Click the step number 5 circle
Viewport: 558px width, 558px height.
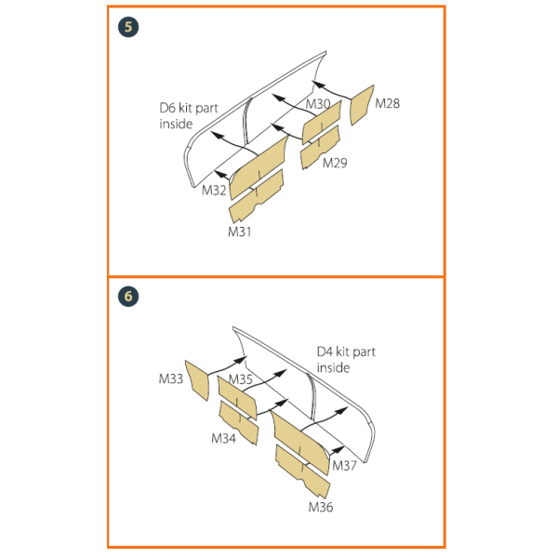coord(128,27)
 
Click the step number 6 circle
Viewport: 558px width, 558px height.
coord(128,297)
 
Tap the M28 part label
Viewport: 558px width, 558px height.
coord(388,103)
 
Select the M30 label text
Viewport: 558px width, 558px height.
coord(318,104)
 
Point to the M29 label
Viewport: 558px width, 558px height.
coord(335,163)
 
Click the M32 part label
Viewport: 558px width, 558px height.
coord(214,191)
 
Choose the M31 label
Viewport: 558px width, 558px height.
coord(240,232)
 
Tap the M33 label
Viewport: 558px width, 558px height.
coord(171,379)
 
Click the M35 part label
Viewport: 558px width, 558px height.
coord(240,379)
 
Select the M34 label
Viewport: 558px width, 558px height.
coord(223,438)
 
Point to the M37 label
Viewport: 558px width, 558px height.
coord(344,466)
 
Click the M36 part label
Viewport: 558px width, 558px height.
coord(321,507)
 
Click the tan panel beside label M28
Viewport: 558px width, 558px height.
coord(362,105)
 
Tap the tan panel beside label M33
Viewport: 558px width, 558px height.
coord(196,380)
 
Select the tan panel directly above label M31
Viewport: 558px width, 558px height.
coord(257,197)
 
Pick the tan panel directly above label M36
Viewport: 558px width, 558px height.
coord(303,471)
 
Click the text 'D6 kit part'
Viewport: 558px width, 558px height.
coord(189,108)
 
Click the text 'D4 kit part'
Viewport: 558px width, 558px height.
coord(346,352)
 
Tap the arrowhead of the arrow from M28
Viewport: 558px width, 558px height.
coord(318,85)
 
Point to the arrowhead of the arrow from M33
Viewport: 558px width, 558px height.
coord(240,360)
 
